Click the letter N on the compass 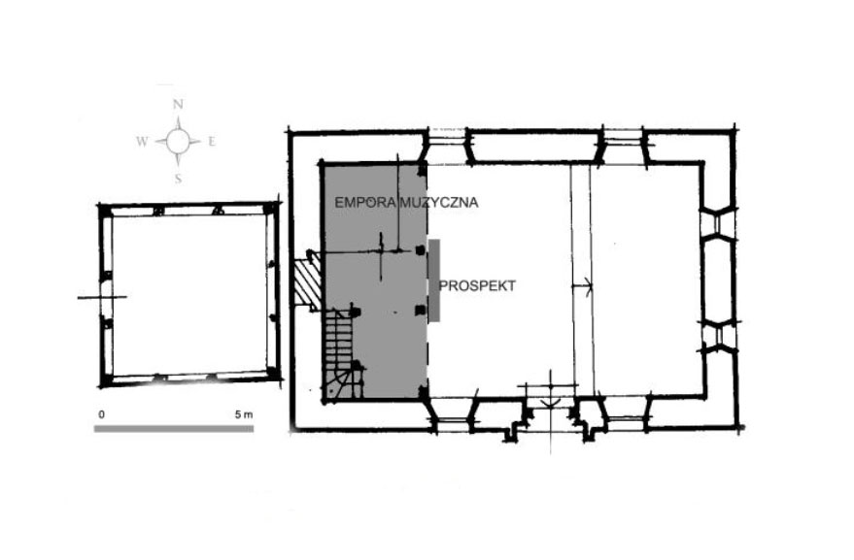tap(178, 105)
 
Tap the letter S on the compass tap(178, 179)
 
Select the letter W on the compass tap(142, 142)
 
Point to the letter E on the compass tap(212, 142)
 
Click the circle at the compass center tap(178, 142)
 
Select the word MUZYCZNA tap(439, 203)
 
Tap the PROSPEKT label tap(477, 285)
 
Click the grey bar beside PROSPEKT tap(434, 280)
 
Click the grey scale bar tap(174, 429)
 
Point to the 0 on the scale tap(101, 414)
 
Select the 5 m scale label tap(244, 414)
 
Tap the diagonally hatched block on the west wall tap(307, 280)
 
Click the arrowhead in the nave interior tap(588, 285)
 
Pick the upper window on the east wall tap(718, 222)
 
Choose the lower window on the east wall tap(718, 336)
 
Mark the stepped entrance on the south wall tap(550, 416)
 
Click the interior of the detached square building tap(189, 295)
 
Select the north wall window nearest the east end tap(624, 146)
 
